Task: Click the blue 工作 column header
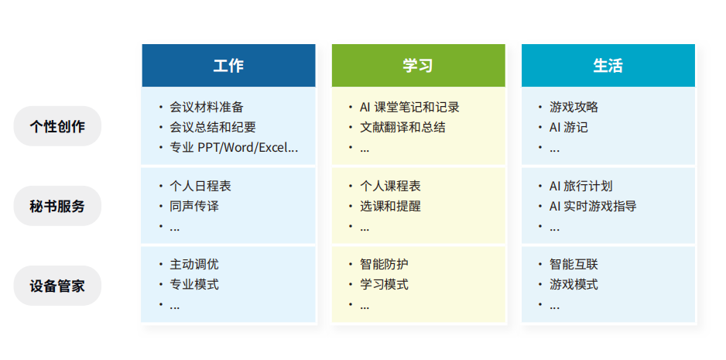point(229,65)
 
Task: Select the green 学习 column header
point(419,65)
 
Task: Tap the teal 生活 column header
point(608,65)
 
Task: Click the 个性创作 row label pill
point(57,126)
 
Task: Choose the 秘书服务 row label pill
point(57,206)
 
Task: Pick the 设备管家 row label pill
point(57,286)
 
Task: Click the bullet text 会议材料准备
point(207,107)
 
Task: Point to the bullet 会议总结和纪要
point(213,127)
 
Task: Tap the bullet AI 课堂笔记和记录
point(409,107)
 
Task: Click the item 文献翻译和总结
point(402,127)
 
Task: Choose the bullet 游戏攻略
point(574,107)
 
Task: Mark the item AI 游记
point(569,127)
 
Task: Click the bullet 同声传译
point(194,206)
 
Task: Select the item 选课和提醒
point(390,206)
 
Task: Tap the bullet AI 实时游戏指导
point(593,206)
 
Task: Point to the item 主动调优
point(194,264)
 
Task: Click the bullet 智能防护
point(385,264)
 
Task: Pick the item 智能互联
point(574,264)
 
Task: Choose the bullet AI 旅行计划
point(580,186)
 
